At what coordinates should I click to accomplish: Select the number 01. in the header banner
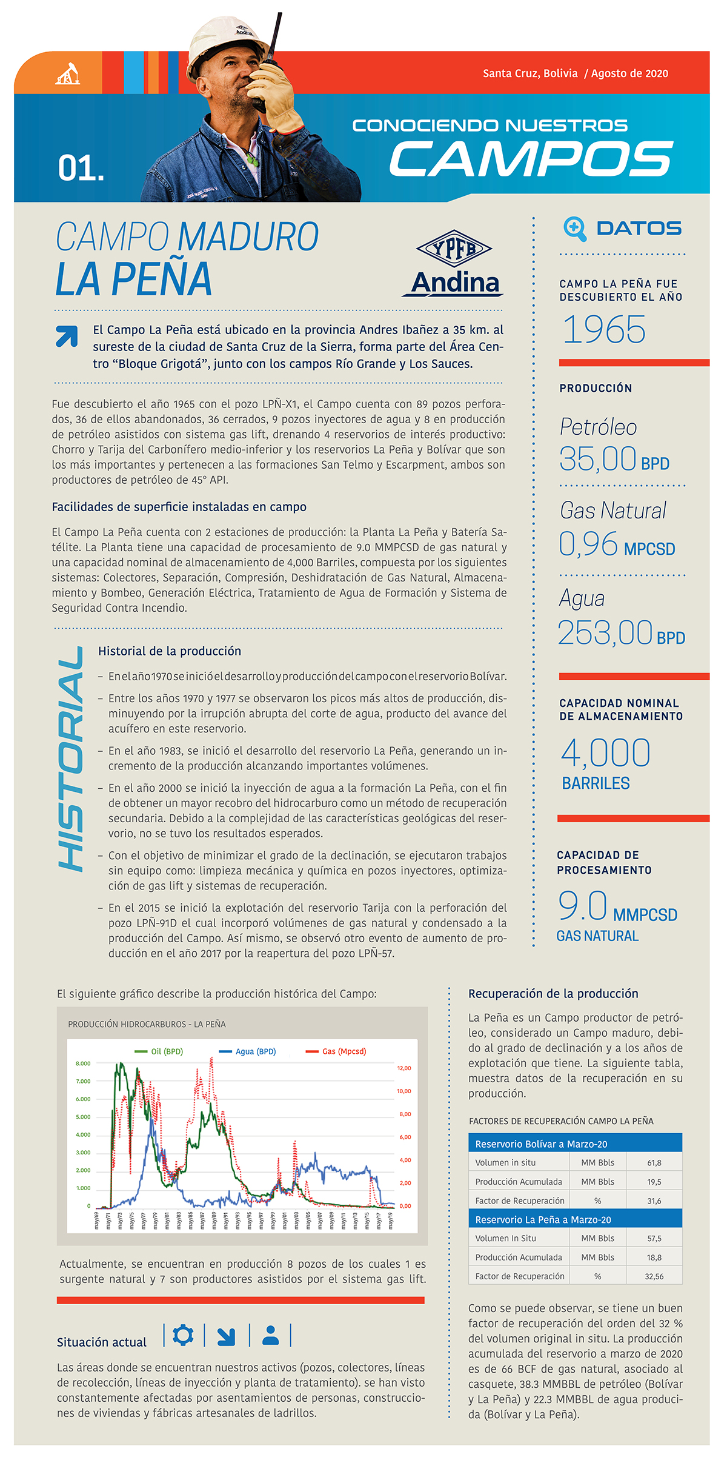tap(81, 168)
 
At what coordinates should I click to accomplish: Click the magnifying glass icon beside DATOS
tap(574, 229)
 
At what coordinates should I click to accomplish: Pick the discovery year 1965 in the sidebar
tap(604, 330)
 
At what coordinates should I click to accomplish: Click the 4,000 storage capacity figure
tap(605, 753)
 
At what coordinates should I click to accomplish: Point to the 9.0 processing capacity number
tap(582, 906)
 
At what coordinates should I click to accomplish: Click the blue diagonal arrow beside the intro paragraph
tap(67, 336)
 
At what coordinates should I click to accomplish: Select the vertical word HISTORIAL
tap(71, 758)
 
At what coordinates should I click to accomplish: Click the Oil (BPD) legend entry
tap(159, 1051)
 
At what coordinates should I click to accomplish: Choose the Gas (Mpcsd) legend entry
tap(336, 1051)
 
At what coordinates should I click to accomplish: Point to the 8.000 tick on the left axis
tap(83, 1063)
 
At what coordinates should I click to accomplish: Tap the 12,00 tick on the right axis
tap(404, 1068)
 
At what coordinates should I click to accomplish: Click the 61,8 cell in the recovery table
tap(654, 1163)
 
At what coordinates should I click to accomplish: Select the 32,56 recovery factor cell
tap(654, 1276)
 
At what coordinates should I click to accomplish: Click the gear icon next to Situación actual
tap(183, 1334)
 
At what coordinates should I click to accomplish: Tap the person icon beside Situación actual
tap(271, 1334)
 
